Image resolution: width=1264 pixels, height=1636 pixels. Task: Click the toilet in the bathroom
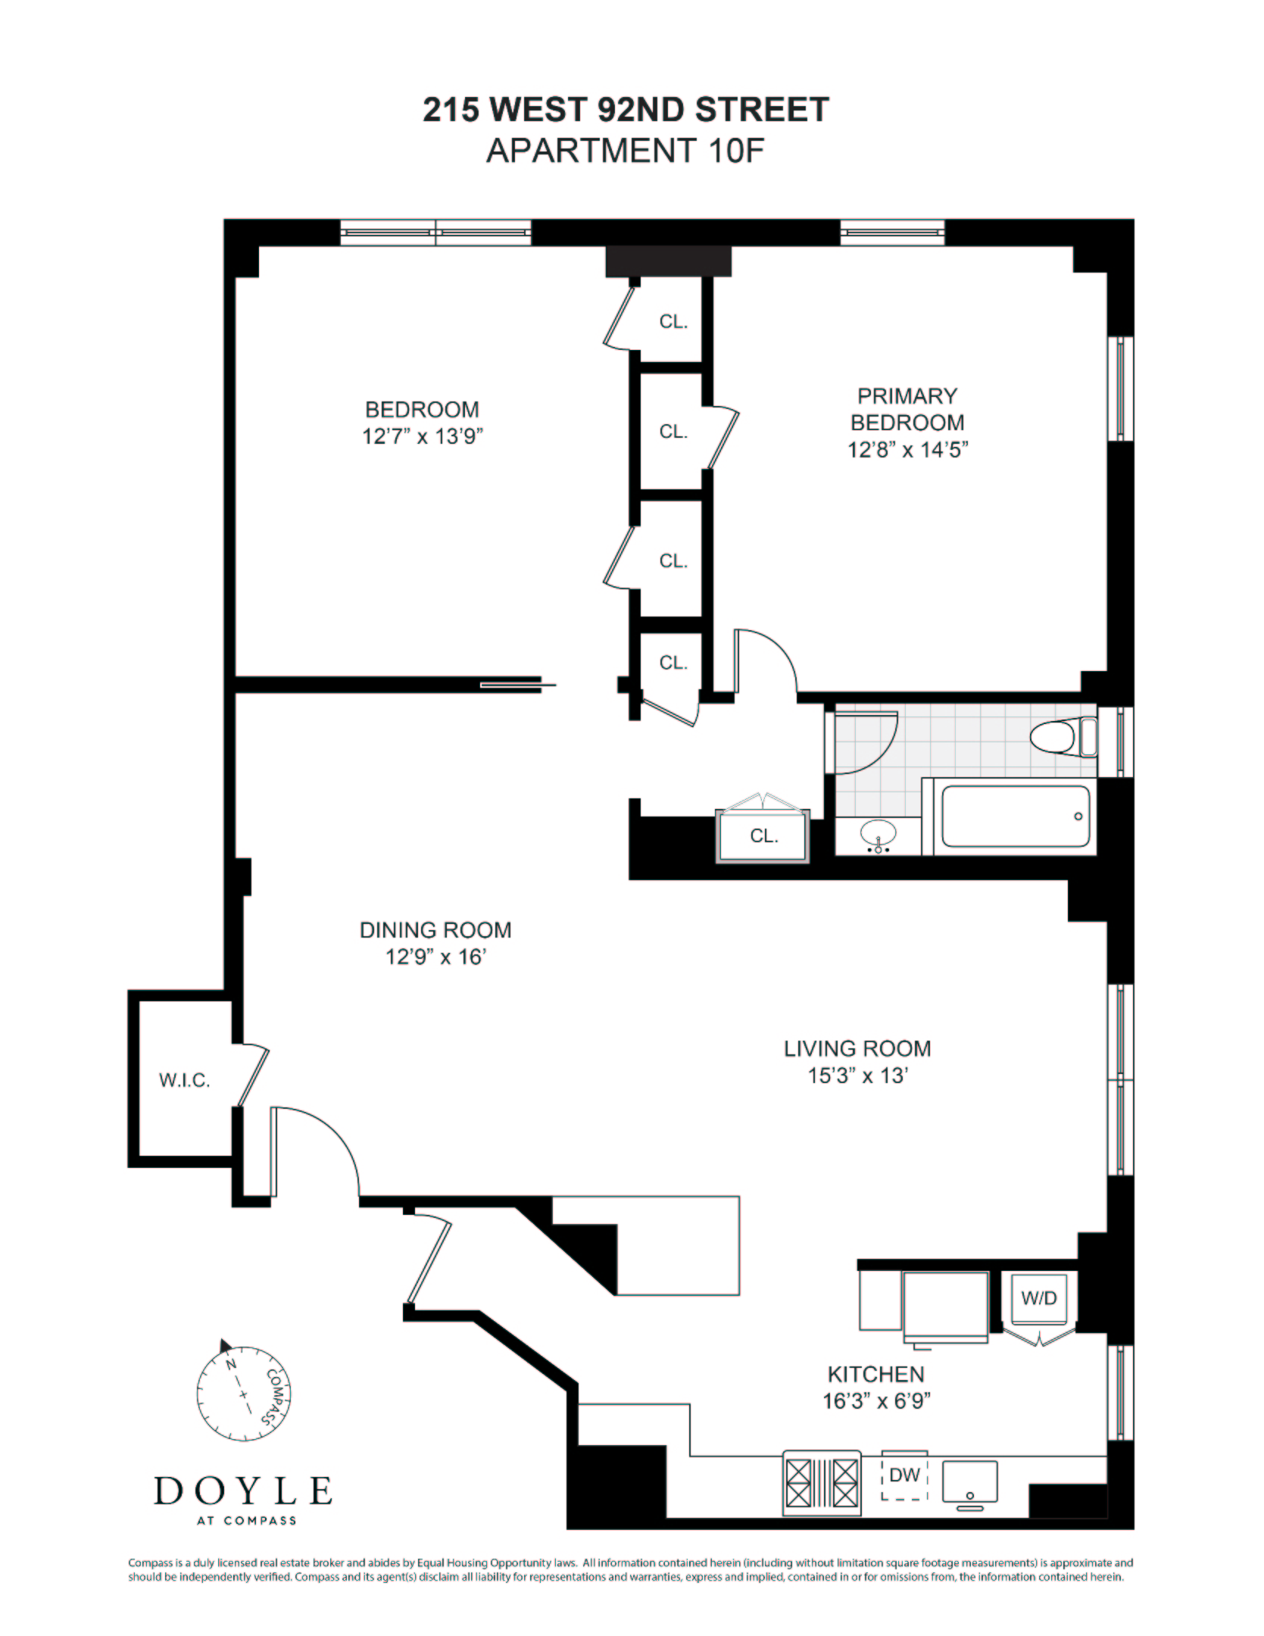coord(1062,737)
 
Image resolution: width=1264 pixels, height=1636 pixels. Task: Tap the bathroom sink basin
coord(879,834)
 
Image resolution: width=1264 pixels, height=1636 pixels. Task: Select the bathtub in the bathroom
coord(1015,816)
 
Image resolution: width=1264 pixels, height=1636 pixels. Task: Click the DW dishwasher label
coord(904,1475)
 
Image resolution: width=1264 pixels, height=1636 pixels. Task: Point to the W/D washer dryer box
coord(1038,1298)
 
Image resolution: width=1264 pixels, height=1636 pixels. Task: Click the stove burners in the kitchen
coord(822,1482)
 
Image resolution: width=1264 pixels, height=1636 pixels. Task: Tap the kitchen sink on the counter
coord(969,1482)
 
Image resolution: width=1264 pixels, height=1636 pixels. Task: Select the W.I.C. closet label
coord(184,1080)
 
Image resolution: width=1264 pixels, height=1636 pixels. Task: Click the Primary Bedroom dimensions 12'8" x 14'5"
coord(907,449)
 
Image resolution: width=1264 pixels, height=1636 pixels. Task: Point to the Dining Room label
coord(435,930)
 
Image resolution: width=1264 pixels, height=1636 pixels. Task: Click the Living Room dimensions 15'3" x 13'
coord(857,1076)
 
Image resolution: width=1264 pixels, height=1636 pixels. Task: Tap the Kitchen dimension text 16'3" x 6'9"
coord(876,1400)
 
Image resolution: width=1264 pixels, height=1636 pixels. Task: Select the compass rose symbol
coord(244,1394)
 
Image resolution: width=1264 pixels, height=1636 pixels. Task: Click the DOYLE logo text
coord(243,1491)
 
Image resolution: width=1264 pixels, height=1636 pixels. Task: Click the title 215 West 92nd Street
coord(626,110)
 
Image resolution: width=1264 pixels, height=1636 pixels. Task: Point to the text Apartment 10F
coord(626,151)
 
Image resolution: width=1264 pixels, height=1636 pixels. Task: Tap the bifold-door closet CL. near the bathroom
coord(763,835)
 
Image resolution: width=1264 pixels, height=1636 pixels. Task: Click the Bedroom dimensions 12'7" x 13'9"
coord(422,436)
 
